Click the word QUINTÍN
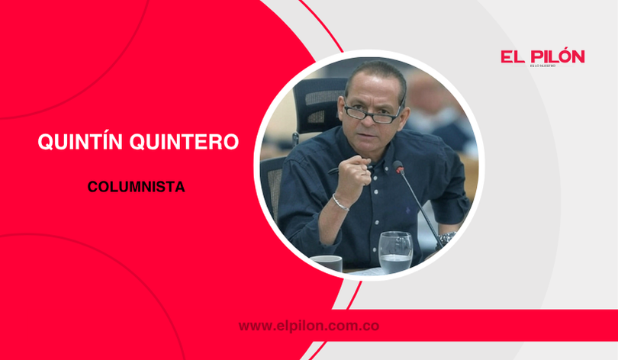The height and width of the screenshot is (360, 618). [x=81, y=143]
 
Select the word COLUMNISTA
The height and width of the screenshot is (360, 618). [x=125, y=185]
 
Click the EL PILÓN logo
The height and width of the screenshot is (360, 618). [x=542, y=56]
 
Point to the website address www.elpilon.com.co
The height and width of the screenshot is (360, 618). [x=310, y=326]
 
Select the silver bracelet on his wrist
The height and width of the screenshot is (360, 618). [x=340, y=203]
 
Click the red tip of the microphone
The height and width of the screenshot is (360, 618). [x=397, y=165]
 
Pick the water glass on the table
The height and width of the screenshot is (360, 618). [x=394, y=251]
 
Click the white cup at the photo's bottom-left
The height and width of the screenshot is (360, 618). [x=327, y=262]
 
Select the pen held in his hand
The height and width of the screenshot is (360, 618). [x=335, y=169]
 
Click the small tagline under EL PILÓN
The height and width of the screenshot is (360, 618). [x=542, y=66]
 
